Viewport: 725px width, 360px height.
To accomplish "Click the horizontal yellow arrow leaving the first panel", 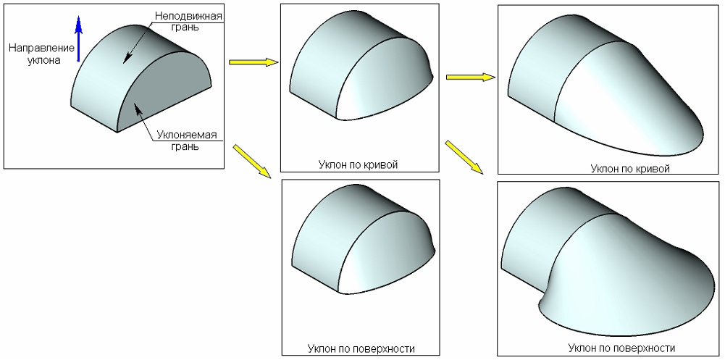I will coord(253,62).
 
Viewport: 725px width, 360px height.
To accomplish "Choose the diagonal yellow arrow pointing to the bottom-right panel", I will coord(464,156).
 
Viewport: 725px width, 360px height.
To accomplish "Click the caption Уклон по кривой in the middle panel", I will coord(358,164).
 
